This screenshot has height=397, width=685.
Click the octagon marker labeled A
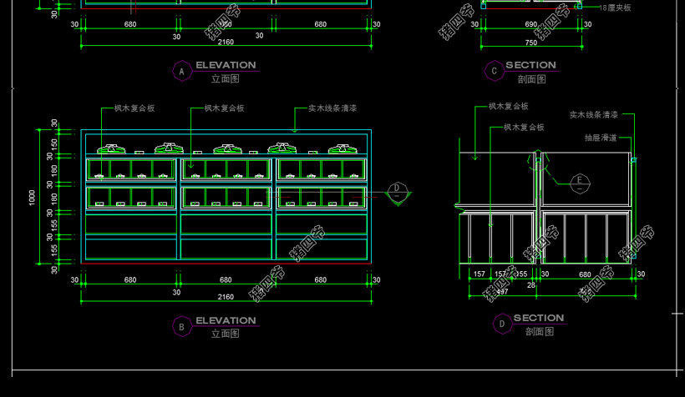pyautogui.click(x=181, y=72)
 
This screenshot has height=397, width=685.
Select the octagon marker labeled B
pyautogui.click(x=181, y=327)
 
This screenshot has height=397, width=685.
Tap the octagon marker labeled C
pyautogui.click(x=495, y=72)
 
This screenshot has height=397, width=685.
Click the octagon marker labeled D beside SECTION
pyautogui.click(x=501, y=324)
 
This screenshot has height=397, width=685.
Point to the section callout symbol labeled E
pyautogui.click(x=578, y=181)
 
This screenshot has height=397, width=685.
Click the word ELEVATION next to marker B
pyautogui.click(x=226, y=320)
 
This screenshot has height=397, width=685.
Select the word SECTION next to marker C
pyautogui.click(x=530, y=65)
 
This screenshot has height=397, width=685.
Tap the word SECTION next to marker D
pyautogui.click(x=538, y=318)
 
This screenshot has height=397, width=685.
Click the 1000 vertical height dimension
pyautogui.click(x=32, y=198)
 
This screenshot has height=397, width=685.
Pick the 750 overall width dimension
pyautogui.click(x=531, y=43)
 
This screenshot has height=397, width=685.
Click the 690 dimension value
pyautogui.click(x=531, y=25)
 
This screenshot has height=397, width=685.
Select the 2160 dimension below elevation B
pyautogui.click(x=226, y=297)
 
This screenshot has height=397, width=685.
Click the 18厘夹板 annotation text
pyautogui.click(x=616, y=8)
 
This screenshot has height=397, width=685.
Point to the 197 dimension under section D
pyautogui.click(x=501, y=292)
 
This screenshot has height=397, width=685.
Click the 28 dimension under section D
pyautogui.click(x=531, y=285)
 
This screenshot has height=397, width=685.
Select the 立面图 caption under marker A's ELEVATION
pyautogui.click(x=226, y=79)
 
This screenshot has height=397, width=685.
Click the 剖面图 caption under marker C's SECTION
pyautogui.click(x=531, y=79)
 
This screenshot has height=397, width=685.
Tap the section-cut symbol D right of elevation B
pyautogui.click(x=398, y=189)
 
